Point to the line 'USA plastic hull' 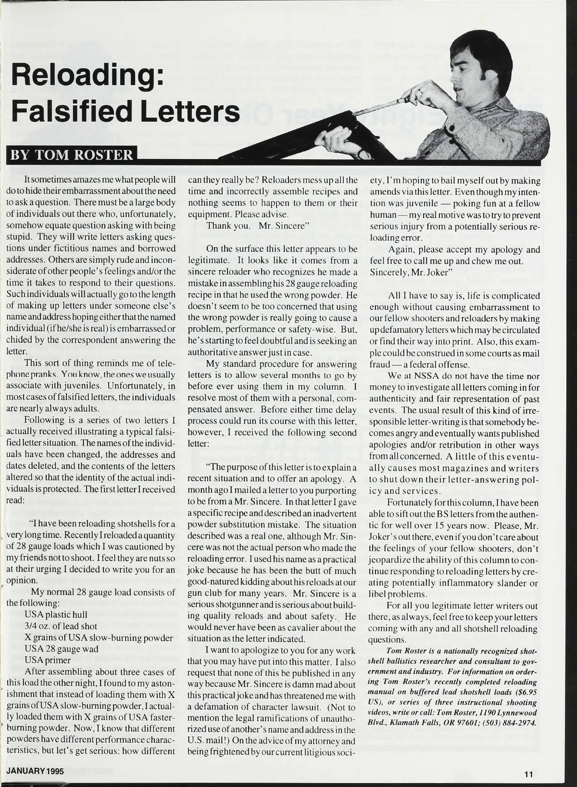coord(55,615)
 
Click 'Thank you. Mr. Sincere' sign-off coord(257,225)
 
